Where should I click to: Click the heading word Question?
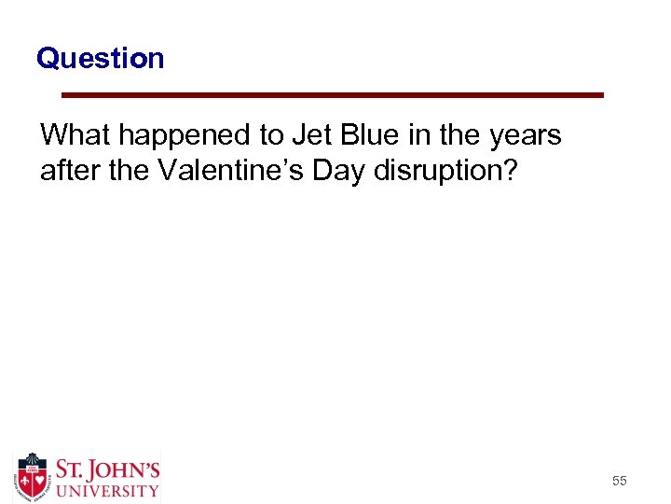pyautogui.click(x=100, y=59)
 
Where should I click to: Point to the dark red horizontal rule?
pyautogui.click(x=333, y=95)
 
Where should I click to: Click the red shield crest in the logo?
pyautogui.click(x=33, y=477)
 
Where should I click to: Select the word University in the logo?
pyautogui.click(x=106, y=490)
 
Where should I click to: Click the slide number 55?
pyautogui.click(x=619, y=481)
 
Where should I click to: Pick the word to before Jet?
pyautogui.click(x=271, y=135)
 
